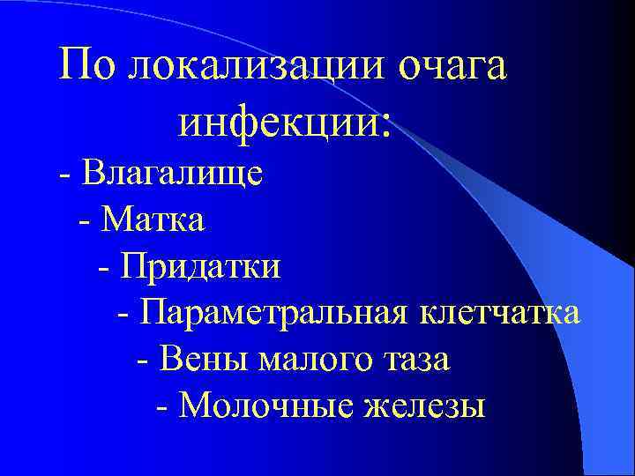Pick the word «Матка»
pyautogui.click(x=153, y=218)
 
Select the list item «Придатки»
pyautogui.click(x=202, y=265)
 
